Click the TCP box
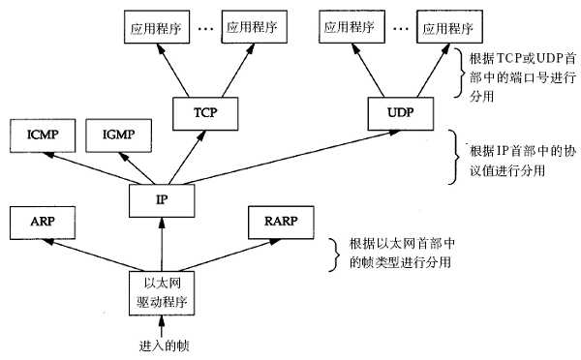(x=203, y=113)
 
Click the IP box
(x=161, y=200)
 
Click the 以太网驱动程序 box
(x=161, y=290)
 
